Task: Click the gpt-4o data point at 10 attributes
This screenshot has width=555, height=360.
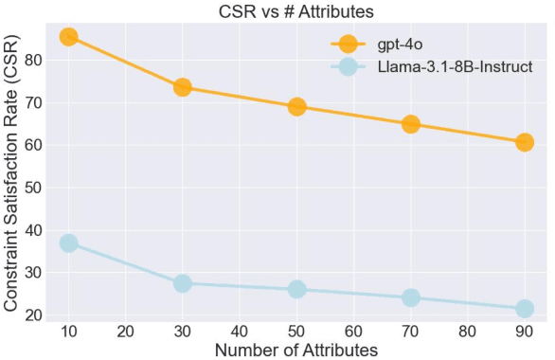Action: pos(68,37)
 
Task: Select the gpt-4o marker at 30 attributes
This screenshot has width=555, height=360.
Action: pos(183,87)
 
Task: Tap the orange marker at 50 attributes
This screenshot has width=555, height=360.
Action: pos(296,106)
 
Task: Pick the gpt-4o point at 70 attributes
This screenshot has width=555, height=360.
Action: pos(410,124)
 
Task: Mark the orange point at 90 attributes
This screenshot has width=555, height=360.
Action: pos(524,142)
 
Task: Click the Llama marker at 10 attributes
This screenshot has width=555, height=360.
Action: pos(68,243)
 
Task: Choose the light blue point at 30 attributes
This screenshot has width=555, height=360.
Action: pos(183,283)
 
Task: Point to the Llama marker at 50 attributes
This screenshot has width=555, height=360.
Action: pos(296,289)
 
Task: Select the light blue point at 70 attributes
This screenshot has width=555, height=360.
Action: pos(410,297)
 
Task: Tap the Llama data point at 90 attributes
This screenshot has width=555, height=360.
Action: pos(524,309)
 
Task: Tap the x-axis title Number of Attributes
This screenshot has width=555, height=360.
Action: pos(296,350)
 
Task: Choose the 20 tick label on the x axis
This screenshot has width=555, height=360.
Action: pos(125,331)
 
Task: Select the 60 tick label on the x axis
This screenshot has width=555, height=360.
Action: pos(353,331)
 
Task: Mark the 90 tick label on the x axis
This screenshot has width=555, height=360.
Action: pos(524,331)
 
